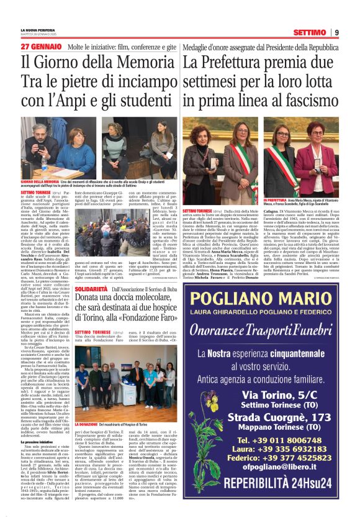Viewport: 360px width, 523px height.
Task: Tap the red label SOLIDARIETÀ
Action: pyautogui.click(x=92, y=307)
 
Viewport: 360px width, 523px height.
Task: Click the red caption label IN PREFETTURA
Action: pyautogui.click(x=279, y=201)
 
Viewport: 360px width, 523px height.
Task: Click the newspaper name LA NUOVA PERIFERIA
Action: pyautogui.click(x=38, y=30)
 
